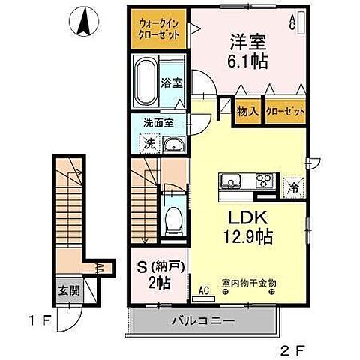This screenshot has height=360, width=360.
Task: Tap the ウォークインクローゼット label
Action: [x=157, y=29]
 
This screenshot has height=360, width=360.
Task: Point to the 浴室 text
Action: [x=171, y=83]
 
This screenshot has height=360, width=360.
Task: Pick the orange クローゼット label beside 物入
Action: [x=285, y=112]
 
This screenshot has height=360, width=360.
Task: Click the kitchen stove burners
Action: [x=265, y=181]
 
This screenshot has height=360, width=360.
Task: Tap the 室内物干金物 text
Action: [x=248, y=282]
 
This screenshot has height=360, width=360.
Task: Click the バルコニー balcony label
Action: [x=206, y=319]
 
